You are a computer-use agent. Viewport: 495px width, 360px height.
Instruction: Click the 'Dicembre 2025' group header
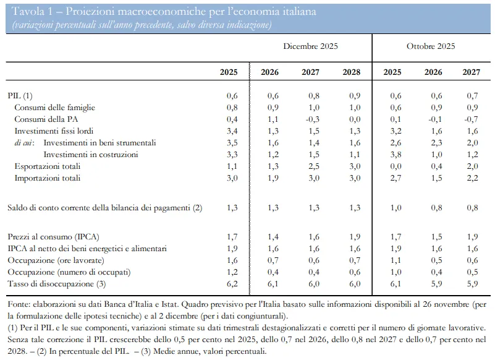(x=310, y=46)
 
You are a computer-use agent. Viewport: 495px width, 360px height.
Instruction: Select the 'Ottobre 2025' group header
(x=431, y=46)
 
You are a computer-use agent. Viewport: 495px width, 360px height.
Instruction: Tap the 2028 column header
(x=352, y=72)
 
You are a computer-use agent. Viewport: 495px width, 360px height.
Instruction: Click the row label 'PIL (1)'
(x=20, y=96)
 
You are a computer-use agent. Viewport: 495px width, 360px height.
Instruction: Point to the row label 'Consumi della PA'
(x=46, y=119)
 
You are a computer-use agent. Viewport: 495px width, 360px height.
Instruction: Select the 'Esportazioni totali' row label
(x=48, y=166)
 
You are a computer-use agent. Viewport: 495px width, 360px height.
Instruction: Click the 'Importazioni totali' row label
(x=48, y=178)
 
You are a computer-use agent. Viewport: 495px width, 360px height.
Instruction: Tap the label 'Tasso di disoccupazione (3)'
(x=56, y=284)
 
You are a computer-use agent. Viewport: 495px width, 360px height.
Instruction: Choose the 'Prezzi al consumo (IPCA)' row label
(x=53, y=237)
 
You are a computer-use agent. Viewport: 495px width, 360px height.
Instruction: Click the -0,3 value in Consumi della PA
(x=312, y=119)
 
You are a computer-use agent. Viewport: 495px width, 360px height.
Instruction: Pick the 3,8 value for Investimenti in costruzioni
(x=396, y=155)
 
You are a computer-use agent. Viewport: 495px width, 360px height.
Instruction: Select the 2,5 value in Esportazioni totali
(x=314, y=166)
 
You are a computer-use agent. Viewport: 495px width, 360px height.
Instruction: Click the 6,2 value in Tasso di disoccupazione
(x=232, y=284)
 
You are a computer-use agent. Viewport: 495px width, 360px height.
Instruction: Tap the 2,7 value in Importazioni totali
(x=396, y=178)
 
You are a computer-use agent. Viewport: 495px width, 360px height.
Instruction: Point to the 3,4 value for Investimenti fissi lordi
(x=232, y=131)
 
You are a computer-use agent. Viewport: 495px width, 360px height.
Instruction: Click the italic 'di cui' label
(x=23, y=143)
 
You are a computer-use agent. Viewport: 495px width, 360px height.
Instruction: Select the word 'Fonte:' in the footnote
(x=19, y=304)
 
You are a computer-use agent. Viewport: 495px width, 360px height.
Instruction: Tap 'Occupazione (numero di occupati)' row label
(x=69, y=272)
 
